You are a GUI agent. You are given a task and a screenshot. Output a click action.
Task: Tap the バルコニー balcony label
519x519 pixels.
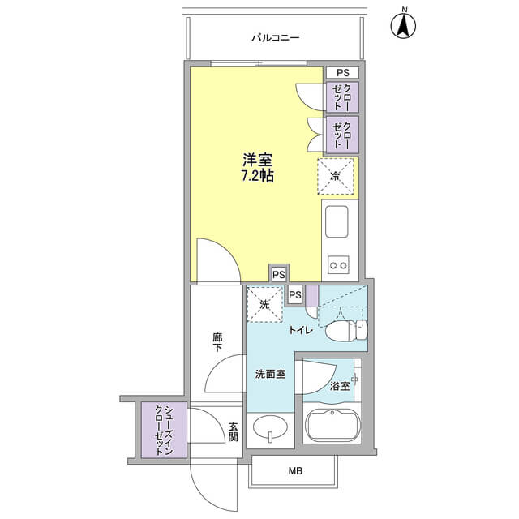(x=276, y=38)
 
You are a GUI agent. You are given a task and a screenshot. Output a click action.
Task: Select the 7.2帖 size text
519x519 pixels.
(x=258, y=176)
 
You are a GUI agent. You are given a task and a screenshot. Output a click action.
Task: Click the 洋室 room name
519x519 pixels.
(x=258, y=161)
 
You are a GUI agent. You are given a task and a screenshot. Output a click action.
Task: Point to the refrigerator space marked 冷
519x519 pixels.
(x=336, y=176)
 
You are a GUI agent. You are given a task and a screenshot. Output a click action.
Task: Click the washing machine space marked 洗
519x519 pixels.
(x=265, y=305)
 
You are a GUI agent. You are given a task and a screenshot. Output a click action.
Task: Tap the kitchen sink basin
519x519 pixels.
(x=337, y=221)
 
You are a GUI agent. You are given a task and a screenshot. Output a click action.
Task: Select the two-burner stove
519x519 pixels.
(x=339, y=265)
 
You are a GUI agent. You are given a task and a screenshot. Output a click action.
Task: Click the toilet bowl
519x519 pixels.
(x=346, y=330)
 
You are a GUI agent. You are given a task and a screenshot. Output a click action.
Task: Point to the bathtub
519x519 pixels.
(x=332, y=426)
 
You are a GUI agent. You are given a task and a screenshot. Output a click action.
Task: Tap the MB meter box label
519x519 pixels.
(x=295, y=470)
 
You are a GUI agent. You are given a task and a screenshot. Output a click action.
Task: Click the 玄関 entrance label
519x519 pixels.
(x=233, y=431)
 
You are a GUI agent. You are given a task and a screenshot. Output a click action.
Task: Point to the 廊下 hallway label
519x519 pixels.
(x=217, y=342)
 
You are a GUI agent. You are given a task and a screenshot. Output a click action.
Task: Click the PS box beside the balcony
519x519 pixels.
(x=342, y=72)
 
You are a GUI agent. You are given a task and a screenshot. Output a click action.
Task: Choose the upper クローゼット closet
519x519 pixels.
(x=342, y=97)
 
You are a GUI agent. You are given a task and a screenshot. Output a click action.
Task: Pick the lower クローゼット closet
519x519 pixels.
(x=342, y=135)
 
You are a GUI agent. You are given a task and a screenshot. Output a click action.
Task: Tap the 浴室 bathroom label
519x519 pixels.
(x=340, y=386)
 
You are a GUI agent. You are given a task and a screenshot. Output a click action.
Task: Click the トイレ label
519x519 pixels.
(x=301, y=330)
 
